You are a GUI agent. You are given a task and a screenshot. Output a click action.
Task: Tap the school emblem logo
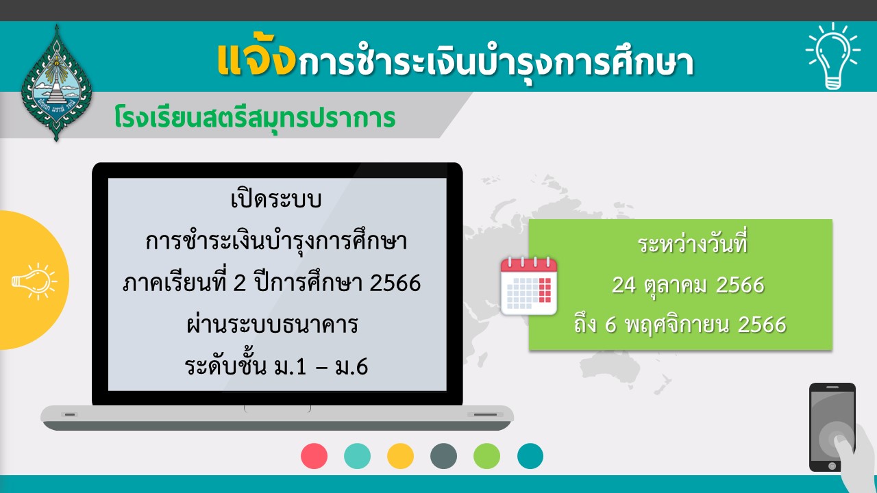[56, 83]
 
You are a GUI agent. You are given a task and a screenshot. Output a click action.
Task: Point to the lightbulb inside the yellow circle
[34, 281]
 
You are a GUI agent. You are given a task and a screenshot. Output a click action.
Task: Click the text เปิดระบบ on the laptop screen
[276, 199]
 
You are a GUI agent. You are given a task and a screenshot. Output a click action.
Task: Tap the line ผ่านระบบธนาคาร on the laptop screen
[272, 325]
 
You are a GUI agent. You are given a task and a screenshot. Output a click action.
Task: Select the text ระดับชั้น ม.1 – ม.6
[276, 366]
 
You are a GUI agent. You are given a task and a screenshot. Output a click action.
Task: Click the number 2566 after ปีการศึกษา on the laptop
[395, 283]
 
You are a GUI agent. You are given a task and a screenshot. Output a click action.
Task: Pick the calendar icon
[529, 286]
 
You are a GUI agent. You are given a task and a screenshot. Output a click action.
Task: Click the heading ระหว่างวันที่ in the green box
[693, 243]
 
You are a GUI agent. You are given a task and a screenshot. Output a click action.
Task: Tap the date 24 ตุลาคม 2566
[688, 285]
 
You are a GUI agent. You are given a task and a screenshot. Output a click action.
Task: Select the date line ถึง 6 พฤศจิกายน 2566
[680, 325]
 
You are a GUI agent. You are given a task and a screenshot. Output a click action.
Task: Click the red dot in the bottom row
[314, 456]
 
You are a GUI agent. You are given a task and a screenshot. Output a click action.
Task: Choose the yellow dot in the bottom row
[400, 456]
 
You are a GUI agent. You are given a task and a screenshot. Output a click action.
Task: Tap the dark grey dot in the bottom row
[443, 456]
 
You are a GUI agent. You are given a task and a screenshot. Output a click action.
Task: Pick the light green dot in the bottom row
[486, 456]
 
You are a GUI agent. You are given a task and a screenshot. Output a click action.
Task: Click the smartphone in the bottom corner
[832, 427]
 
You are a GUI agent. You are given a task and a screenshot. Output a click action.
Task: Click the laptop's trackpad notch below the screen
[277, 409]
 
